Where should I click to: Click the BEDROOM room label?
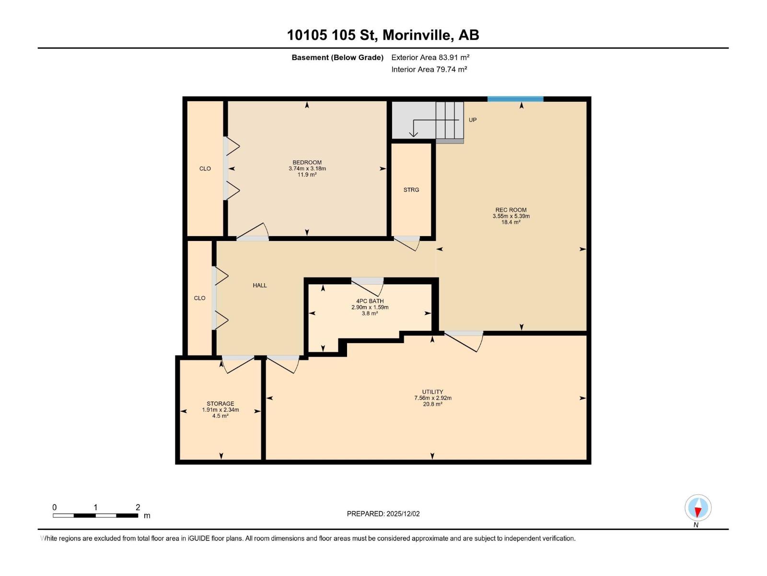pos(307,163)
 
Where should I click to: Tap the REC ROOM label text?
pos(511,210)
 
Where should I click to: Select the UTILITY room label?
pos(432,392)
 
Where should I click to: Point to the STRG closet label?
pos(411,190)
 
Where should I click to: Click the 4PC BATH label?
pos(370,301)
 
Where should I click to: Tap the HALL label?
pos(260,286)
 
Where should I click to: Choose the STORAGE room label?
pos(221,404)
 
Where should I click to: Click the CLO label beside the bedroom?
pos(205,169)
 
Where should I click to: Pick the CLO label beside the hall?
pos(199,299)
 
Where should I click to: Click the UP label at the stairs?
pos(473,120)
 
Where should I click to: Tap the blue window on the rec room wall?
pos(515,99)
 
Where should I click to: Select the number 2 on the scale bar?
pos(138,507)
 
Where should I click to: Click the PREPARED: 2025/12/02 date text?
pos(383,514)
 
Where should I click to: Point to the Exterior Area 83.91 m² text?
pos(430,57)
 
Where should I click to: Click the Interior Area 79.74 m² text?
pos(429,69)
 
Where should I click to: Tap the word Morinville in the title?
pos(417,35)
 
